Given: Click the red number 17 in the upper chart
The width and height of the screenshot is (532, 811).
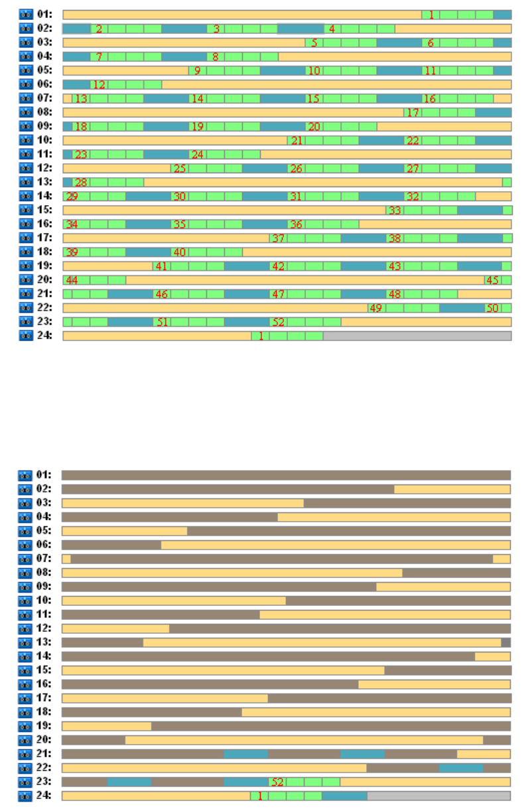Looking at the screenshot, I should (413, 113).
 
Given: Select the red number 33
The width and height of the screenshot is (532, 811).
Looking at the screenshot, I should (395, 210).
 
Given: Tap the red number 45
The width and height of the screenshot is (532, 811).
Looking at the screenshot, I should (492, 280).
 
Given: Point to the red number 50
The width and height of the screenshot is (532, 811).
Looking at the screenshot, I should (492, 308).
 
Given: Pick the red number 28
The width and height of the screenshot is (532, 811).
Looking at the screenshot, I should (82, 183).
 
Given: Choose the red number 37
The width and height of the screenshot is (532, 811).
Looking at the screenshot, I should (279, 238).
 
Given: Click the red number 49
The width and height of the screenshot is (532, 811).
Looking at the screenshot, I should (376, 308).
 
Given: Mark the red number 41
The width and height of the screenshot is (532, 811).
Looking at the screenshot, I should (161, 266).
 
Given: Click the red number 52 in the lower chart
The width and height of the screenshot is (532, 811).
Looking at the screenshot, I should (278, 782).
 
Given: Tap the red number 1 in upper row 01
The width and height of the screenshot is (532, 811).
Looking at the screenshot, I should (431, 15).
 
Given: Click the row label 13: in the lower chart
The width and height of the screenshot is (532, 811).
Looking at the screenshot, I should (44, 642).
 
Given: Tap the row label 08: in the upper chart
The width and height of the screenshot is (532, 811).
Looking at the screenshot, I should (44, 113).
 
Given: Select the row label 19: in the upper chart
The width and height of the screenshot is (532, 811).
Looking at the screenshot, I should (44, 266).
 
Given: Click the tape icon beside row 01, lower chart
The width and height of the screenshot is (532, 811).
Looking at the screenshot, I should (25, 475).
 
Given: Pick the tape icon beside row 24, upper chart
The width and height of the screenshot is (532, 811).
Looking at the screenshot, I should (25, 336).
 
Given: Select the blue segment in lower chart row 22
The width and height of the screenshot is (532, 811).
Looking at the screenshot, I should (460, 768).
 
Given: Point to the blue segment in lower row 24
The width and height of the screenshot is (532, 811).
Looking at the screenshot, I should (344, 796).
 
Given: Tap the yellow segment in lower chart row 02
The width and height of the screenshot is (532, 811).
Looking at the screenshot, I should (452, 489).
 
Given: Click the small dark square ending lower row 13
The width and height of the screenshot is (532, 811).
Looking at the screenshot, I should (505, 642).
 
